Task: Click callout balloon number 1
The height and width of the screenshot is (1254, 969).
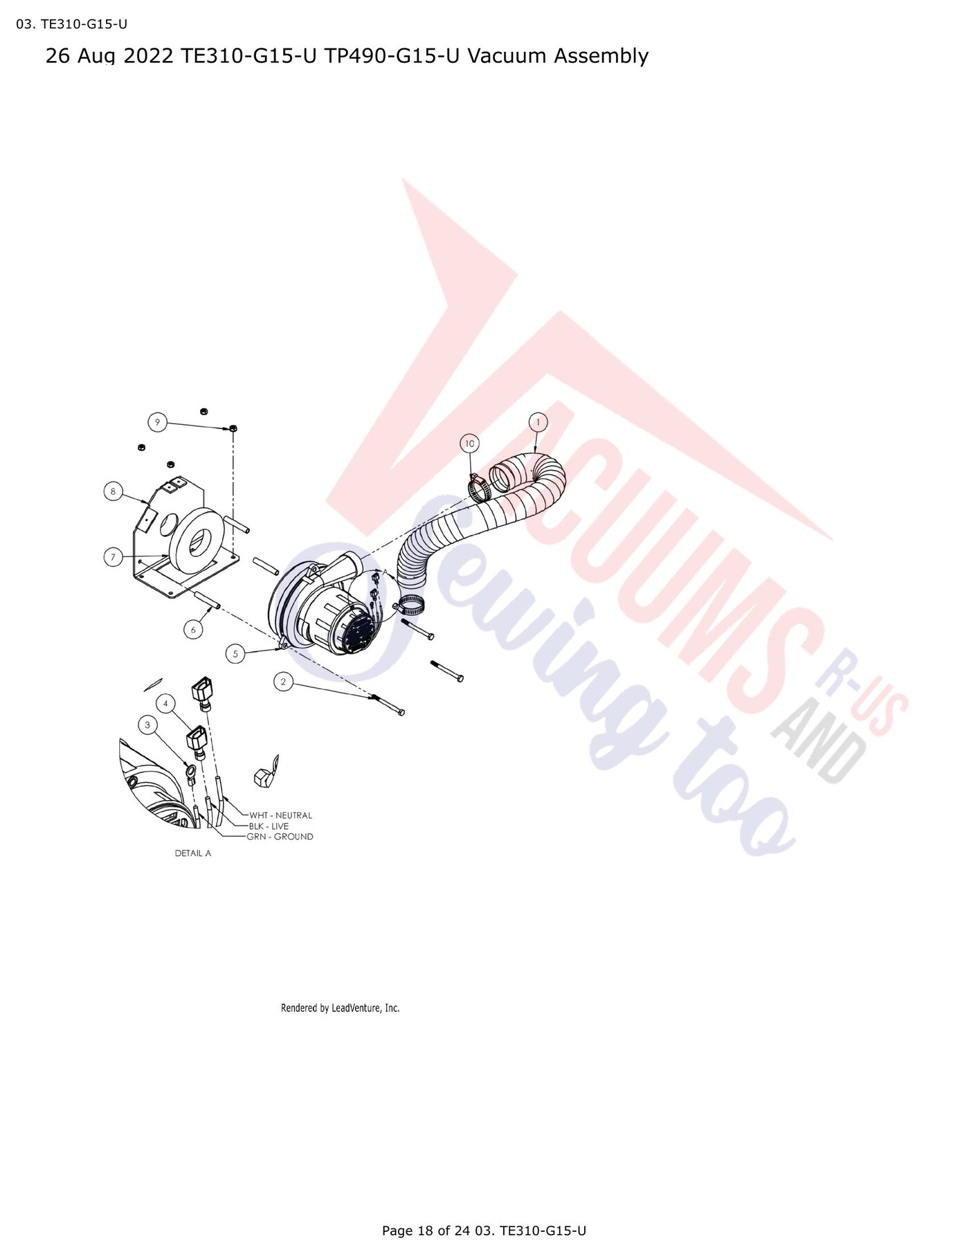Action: coord(538,422)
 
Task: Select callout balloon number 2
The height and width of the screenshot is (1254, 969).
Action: coord(283,682)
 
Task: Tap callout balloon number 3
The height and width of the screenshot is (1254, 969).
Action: coord(147,725)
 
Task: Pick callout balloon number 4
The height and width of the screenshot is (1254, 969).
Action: coord(165,704)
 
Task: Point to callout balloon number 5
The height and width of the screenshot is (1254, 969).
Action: coord(235,653)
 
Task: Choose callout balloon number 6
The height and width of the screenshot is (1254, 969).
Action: coord(193,630)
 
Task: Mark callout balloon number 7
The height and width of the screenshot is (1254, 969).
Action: coord(114,557)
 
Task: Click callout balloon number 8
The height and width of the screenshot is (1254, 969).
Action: coord(113,492)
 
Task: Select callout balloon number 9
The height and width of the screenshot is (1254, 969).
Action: coord(158,422)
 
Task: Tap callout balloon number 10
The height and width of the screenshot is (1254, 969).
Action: coord(470,444)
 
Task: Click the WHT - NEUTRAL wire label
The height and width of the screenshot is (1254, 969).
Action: coord(280,815)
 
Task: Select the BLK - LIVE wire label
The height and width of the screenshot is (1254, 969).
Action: coord(269,826)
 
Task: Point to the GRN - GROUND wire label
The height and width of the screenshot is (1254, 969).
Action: coord(280,837)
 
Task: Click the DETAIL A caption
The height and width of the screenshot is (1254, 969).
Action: coord(193,853)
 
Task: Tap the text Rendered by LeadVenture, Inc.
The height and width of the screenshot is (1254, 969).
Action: coord(341,1008)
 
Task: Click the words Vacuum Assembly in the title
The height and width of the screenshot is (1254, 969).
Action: coord(558,56)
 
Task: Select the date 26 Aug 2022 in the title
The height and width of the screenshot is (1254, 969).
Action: coord(109,56)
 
